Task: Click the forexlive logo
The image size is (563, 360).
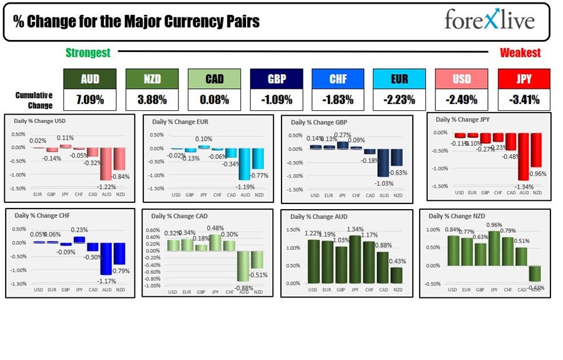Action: point(490,20)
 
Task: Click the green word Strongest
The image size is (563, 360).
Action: point(88,53)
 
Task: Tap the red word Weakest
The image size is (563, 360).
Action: point(520,53)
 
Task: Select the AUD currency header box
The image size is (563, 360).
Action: point(89,79)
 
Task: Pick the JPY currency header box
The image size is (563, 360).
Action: point(524,79)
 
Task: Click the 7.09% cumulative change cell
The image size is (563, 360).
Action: point(89,99)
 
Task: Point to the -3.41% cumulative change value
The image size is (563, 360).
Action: point(524,99)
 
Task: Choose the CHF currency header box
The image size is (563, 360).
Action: point(337,79)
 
